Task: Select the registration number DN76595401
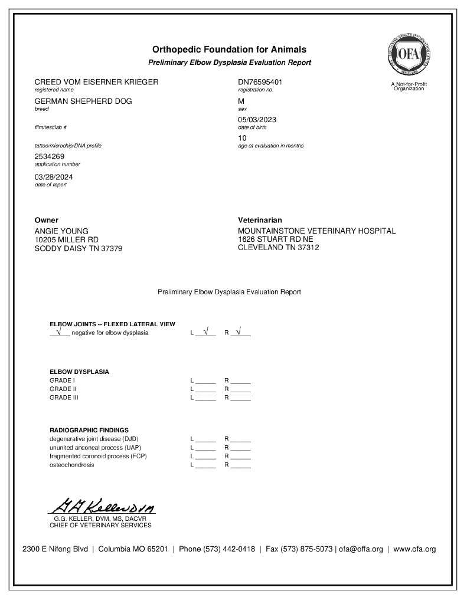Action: click(x=260, y=82)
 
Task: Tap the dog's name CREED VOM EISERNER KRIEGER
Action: click(x=96, y=82)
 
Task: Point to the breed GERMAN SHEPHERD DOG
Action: click(x=83, y=101)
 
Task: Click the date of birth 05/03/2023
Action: click(x=257, y=120)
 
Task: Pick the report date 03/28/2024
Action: click(x=54, y=177)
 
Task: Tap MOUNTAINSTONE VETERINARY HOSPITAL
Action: click(x=316, y=231)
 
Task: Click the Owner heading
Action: click(x=47, y=220)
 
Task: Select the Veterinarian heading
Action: click(x=260, y=220)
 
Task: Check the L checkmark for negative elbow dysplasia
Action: click(x=205, y=332)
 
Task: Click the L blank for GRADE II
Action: click(x=205, y=390)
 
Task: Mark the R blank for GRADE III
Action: click(x=240, y=398)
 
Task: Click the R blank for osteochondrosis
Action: click(x=240, y=465)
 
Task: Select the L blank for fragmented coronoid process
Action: click(x=205, y=457)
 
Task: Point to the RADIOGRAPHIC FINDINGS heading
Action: click(x=89, y=430)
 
